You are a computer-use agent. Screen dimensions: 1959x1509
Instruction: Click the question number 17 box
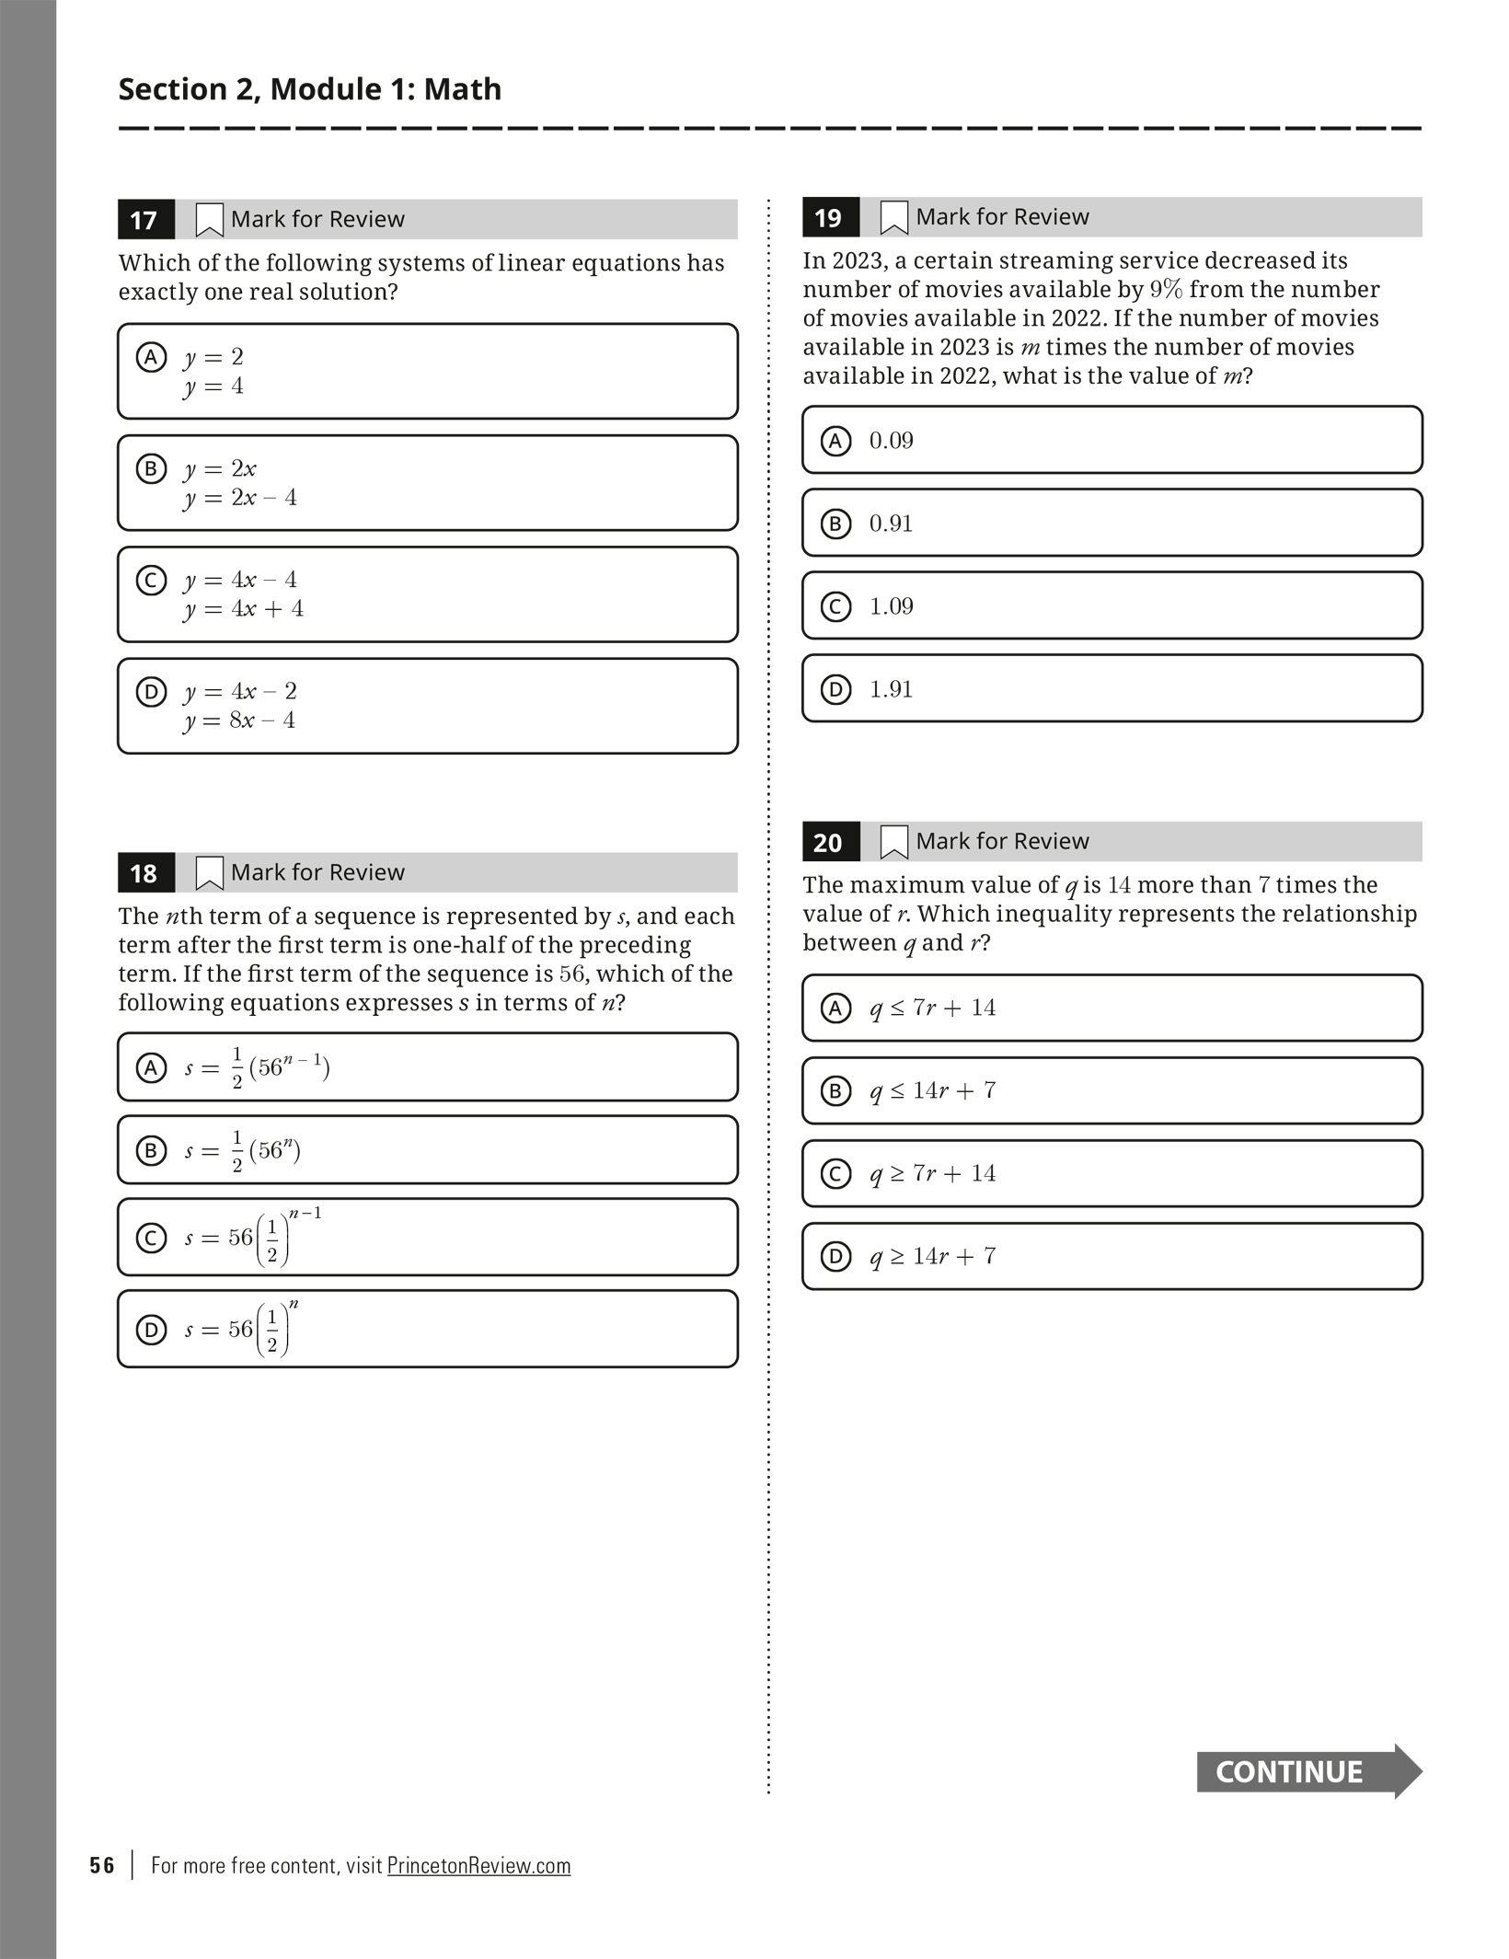pos(145,220)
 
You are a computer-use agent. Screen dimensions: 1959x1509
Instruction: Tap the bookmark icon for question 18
pos(209,873)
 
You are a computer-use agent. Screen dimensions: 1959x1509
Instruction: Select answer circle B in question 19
pos(835,524)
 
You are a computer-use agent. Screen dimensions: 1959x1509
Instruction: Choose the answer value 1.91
pos(891,689)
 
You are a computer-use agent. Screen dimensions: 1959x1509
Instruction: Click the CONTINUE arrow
pos(1307,1771)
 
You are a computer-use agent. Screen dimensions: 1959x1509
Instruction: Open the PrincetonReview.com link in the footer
pos(478,1865)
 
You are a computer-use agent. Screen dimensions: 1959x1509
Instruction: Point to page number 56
pos(102,1865)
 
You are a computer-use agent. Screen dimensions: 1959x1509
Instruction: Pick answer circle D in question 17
pos(151,691)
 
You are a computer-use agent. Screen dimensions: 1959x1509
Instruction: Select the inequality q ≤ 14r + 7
pos(932,1090)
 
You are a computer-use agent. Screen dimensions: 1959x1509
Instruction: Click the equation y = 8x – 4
pos(240,720)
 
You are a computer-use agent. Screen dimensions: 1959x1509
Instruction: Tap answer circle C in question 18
pos(151,1238)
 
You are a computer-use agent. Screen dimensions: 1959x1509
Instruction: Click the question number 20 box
pos(830,842)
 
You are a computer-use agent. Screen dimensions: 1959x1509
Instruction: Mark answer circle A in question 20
pos(835,1008)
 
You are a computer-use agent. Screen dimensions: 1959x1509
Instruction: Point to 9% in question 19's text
pos(1166,290)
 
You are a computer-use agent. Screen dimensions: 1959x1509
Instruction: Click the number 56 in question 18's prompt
pos(571,974)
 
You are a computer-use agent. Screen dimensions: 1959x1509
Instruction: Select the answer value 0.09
pos(891,441)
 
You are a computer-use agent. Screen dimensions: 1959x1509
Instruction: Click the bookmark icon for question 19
pos(893,218)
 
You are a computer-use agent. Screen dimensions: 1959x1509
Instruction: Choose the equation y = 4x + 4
pos(244,609)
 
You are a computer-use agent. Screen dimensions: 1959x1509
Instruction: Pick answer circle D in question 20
pos(835,1257)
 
